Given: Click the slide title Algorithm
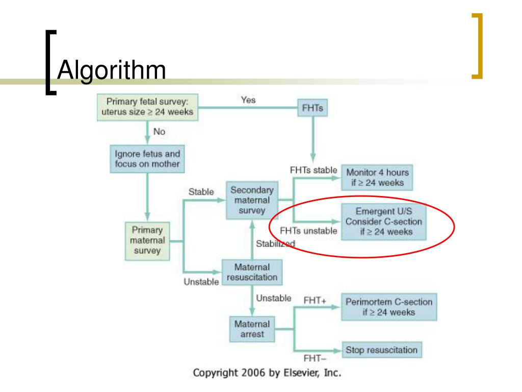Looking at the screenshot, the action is coord(112,70).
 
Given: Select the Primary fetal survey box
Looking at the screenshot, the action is coord(147,108).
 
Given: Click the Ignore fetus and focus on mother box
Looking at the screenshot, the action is coord(147,158).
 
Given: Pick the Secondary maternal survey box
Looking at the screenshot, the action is coord(252,200).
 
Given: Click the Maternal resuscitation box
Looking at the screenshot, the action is coord(251,273).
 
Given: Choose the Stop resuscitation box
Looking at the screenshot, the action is coord(382,350).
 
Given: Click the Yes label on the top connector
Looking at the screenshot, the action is coord(248,101).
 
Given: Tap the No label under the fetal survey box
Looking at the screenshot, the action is coord(159,132).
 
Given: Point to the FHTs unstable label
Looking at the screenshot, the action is coord(308,231).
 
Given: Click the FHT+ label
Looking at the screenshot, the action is coord(315,301).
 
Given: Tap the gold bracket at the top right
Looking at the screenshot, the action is coord(476,46).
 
